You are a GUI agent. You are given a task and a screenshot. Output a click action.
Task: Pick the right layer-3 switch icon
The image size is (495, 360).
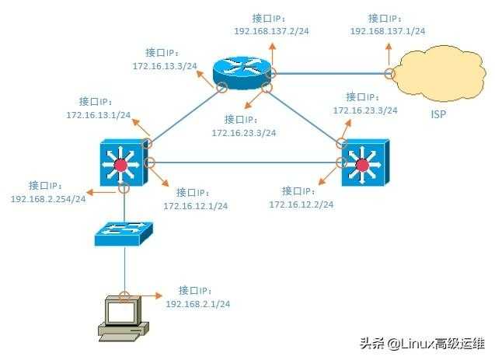click(363, 164)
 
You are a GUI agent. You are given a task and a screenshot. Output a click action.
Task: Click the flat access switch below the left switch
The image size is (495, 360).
click(124, 233)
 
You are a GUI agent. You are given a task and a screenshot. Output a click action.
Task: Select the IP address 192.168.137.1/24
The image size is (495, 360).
click(388, 31)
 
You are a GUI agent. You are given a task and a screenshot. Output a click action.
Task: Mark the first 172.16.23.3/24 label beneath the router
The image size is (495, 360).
click(244, 133)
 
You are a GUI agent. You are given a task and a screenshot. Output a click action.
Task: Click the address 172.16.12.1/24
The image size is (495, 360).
click(195, 205)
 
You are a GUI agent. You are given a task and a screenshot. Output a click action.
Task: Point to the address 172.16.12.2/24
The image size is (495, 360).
click(302, 204)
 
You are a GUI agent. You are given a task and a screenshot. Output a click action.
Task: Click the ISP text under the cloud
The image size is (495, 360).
click(439, 114)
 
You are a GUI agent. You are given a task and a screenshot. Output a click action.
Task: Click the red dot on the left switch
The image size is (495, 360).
click(120, 166)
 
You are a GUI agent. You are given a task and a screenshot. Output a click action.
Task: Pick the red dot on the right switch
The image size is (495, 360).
click(361, 165)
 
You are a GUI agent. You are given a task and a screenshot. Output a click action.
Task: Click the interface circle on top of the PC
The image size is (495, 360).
click(124, 295)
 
